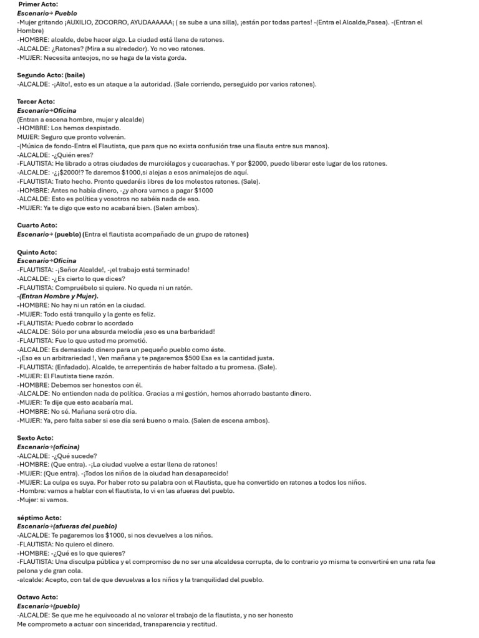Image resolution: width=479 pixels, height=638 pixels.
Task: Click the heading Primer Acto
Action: coord(38,4)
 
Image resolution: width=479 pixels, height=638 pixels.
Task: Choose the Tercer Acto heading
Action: coord(36,102)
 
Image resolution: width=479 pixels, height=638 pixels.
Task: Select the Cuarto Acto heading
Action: coord(37,226)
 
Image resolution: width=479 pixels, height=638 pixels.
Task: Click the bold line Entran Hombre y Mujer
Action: coord(59,297)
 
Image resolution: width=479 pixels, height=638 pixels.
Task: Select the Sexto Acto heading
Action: coord(36,438)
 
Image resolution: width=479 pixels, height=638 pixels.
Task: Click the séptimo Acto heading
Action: coord(39,518)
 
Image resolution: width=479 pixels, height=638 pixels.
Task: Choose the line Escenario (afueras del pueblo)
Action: coord(67,526)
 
